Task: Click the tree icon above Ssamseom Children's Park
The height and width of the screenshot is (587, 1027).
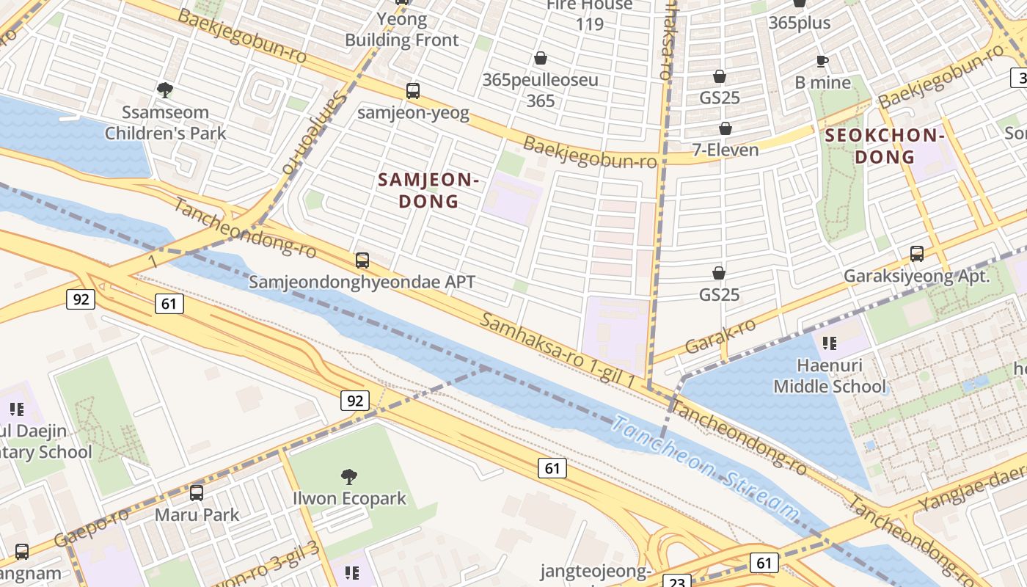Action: click(165, 90)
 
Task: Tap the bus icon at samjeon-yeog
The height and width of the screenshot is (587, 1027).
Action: click(413, 91)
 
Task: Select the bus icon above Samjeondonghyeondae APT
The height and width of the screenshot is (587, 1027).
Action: click(362, 260)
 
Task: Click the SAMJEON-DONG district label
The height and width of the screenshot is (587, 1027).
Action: click(428, 190)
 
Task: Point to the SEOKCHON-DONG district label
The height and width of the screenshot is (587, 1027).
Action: click(883, 145)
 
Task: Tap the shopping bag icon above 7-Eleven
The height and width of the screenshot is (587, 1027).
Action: click(725, 128)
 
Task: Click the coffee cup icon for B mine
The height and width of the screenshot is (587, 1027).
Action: click(822, 61)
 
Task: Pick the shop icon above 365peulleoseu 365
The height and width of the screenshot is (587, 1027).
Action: click(541, 58)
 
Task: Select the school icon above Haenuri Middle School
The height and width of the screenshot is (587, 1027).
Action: click(830, 343)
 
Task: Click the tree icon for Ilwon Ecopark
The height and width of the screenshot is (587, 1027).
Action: click(349, 477)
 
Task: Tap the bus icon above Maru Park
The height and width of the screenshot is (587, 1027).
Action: click(197, 493)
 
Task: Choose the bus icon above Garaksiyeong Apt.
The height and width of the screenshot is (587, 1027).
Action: click(917, 254)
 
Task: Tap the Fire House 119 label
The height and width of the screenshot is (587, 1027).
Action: click(589, 15)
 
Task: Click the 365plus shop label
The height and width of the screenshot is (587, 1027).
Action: click(800, 23)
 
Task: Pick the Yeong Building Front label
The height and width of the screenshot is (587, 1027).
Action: click(402, 29)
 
